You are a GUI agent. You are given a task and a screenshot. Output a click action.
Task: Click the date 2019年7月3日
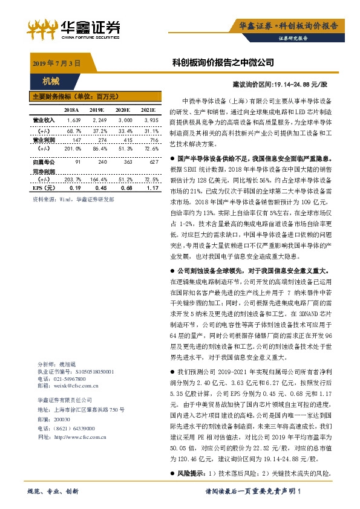(x=55, y=63)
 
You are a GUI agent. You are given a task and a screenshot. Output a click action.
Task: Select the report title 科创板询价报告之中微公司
(x=223, y=63)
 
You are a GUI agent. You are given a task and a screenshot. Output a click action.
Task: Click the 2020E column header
(x=123, y=110)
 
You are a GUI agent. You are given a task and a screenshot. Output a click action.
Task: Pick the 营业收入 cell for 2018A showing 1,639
(x=73, y=120)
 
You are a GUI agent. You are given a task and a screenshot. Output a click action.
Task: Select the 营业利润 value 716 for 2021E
(x=151, y=139)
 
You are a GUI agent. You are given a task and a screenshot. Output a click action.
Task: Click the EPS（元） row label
(x=42, y=188)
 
